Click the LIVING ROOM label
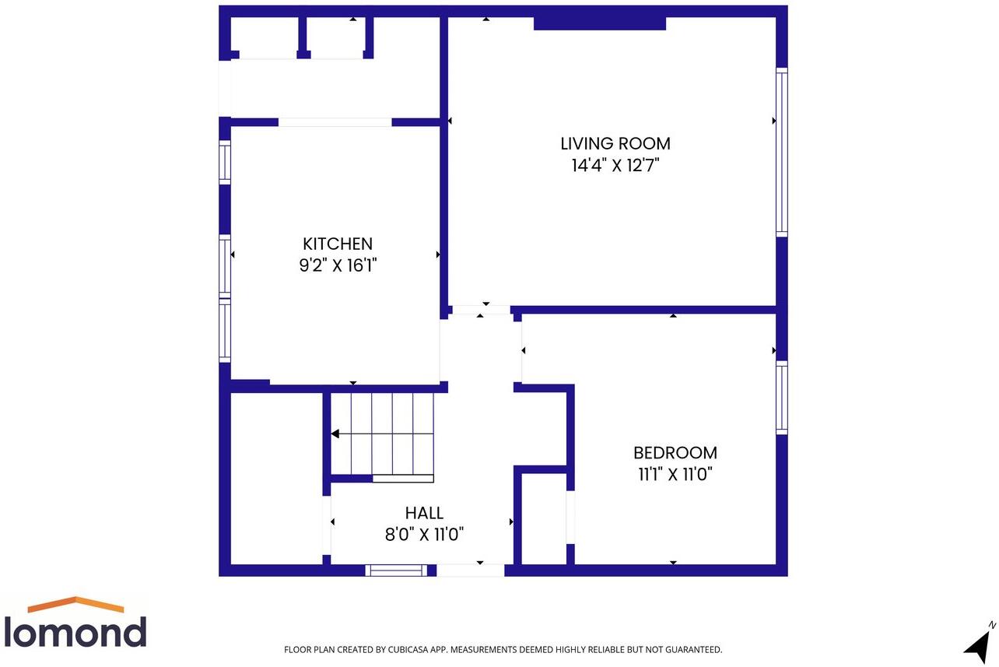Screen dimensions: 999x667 pyautogui.click(x=615, y=144)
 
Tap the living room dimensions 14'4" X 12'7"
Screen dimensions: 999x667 pyautogui.click(x=615, y=166)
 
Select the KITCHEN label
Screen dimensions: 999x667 pyautogui.click(x=338, y=244)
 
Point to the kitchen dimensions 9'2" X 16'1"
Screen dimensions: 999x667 pyautogui.click(x=338, y=265)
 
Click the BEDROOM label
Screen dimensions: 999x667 pyautogui.click(x=675, y=453)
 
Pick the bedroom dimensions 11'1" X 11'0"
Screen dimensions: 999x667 pyautogui.click(x=675, y=474)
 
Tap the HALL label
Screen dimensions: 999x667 pyautogui.click(x=424, y=513)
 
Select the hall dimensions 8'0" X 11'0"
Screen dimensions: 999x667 pyautogui.click(x=424, y=534)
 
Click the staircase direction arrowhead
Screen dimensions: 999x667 pyautogui.click(x=335, y=434)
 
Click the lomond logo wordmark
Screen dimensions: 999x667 pyautogui.click(x=75, y=632)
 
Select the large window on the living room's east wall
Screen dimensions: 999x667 pyautogui.click(x=782, y=152)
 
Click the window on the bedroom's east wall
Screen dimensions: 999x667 pyautogui.click(x=782, y=398)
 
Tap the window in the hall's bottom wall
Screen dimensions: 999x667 pyautogui.click(x=396, y=570)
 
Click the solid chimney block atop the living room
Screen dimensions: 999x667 pyautogui.click(x=600, y=23)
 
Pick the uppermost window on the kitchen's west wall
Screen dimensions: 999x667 pyautogui.click(x=225, y=163)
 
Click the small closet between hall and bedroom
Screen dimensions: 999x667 pyautogui.click(x=544, y=518)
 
